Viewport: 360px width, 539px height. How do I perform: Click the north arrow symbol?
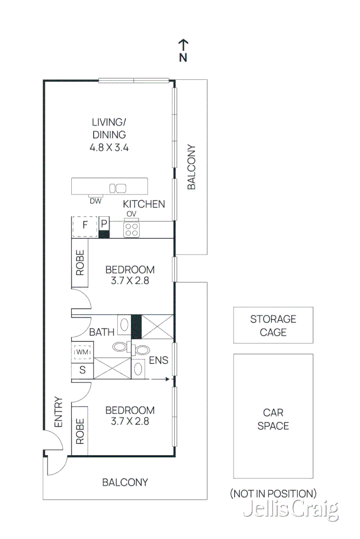(183, 45)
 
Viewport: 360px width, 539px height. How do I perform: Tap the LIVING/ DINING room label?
(109, 128)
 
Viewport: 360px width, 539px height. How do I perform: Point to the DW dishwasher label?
(96, 201)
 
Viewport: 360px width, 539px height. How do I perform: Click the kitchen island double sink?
(117, 188)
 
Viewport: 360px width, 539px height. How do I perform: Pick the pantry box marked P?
(104, 224)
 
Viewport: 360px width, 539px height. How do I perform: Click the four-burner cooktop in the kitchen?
(132, 230)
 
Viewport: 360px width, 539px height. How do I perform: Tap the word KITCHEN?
(144, 204)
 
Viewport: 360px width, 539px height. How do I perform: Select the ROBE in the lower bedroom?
(80, 431)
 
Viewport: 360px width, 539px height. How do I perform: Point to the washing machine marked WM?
(82, 351)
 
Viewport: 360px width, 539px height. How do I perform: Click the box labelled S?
(82, 371)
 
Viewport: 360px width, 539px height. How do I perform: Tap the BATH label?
(102, 332)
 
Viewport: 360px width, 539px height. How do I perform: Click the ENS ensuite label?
(159, 360)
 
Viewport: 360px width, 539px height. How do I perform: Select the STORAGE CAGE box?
(273, 325)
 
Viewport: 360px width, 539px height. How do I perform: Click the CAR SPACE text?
(273, 419)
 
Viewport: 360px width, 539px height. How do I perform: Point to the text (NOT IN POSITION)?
(273, 494)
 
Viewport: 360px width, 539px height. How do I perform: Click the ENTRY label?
(58, 412)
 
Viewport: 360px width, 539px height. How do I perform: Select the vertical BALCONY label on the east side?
(191, 167)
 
